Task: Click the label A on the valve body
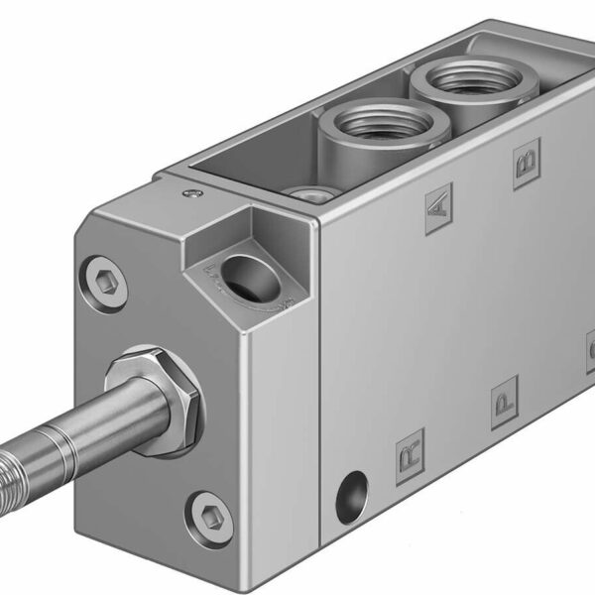click(x=438, y=210)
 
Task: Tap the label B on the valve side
click(x=524, y=164)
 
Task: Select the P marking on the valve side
click(x=505, y=405)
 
